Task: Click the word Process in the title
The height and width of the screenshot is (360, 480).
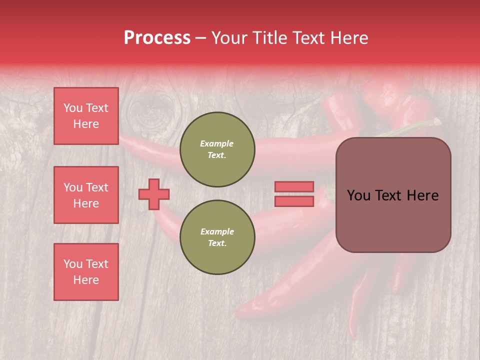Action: tap(157, 38)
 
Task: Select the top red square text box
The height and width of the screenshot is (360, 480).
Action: tap(86, 116)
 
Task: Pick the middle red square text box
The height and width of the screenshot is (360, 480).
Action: tap(86, 195)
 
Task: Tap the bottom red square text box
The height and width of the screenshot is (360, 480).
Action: tap(86, 272)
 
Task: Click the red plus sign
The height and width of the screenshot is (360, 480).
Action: tap(154, 194)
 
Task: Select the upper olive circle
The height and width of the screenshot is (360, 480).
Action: tap(217, 149)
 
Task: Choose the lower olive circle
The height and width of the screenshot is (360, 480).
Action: tap(217, 237)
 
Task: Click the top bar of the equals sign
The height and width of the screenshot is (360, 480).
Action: tap(294, 186)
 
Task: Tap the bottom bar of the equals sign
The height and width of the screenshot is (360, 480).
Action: tap(294, 201)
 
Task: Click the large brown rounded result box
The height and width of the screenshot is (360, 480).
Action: tap(393, 195)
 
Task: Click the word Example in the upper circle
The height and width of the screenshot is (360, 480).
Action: tap(217, 143)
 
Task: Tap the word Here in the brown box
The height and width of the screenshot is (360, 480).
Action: tap(422, 195)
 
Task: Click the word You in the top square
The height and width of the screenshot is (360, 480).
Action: tap(73, 108)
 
